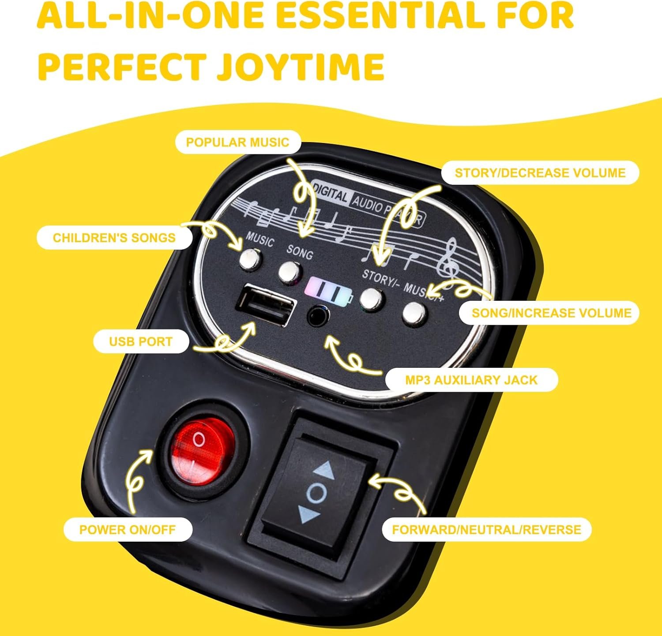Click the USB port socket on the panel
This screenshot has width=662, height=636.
pos(266,304)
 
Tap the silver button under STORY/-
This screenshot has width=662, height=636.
pos(371,299)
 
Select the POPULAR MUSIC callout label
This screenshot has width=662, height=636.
pos(238,142)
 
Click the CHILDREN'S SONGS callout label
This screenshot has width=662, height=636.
pos(114,237)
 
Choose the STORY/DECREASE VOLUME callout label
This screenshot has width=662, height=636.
pos(540,172)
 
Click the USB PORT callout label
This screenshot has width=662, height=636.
pos(141,341)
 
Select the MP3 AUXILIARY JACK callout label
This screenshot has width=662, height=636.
pos(471,380)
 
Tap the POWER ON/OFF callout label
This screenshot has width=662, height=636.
pos(128,529)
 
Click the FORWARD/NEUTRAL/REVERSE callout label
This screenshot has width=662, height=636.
pos(486,529)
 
